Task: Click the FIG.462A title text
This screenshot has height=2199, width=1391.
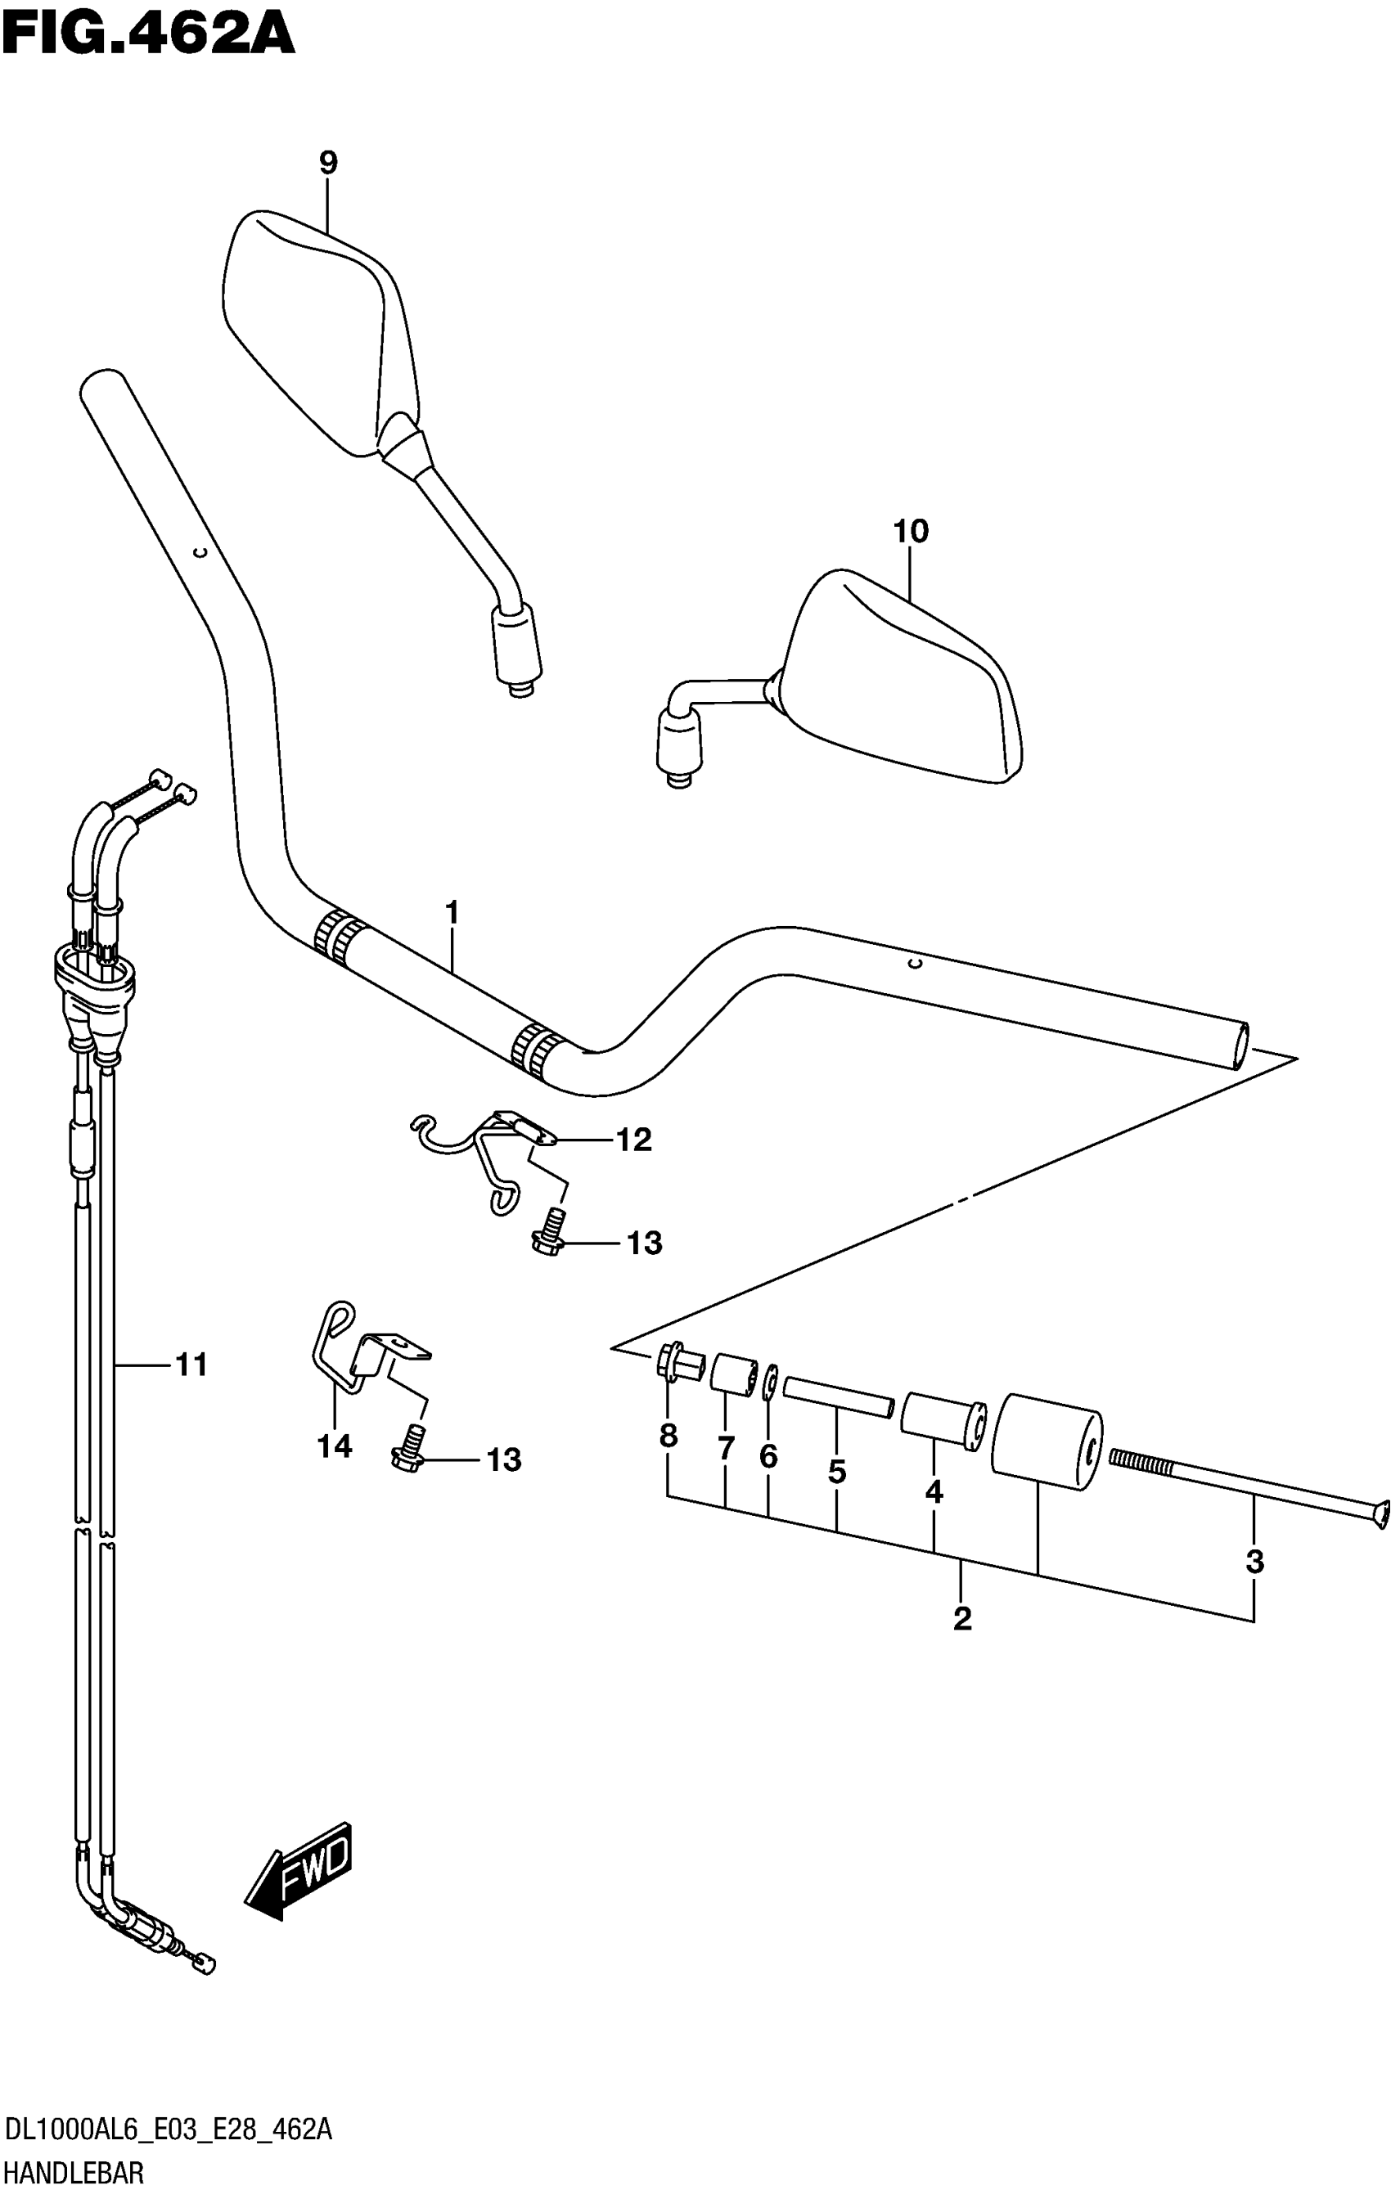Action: pyautogui.click(x=148, y=37)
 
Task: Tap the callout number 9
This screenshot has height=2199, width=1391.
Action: pyautogui.click(x=328, y=164)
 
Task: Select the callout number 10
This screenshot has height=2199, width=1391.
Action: pyautogui.click(x=911, y=532)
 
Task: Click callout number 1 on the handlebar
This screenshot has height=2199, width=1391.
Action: pyautogui.click(x=451, y=911)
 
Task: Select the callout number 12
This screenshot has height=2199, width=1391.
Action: pyautogui.click(x=633, y=1140)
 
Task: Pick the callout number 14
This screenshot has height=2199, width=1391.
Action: pyautogui.click(x=335, y=1446)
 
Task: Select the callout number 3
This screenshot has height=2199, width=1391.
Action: pyautogui.click(x=1255, y=1562)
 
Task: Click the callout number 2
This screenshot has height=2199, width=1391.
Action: pyautogui.click(x=961, y=1619)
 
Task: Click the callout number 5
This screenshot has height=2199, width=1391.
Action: pyautogui.click(x=836, y=1471)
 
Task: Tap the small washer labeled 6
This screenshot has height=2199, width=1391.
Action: pyautogui.click(x=770, y=1381)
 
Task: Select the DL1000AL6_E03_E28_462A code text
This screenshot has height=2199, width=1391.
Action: pyautogui.click(x=168, y=2130)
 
